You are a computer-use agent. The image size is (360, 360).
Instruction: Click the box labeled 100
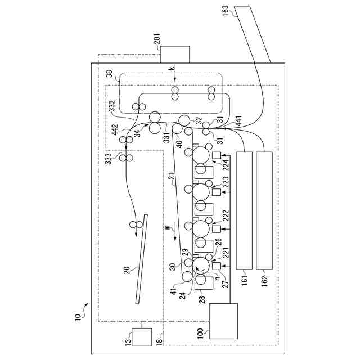pyautogui.click(x=223, y=320)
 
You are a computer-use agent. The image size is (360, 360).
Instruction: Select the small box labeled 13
pyautogui.click(x=141, y=336)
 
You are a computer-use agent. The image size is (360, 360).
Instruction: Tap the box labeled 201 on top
pyautogui.click(x=175, y=55)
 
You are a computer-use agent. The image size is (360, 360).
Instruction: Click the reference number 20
pyautogui.click(x=127, y=269)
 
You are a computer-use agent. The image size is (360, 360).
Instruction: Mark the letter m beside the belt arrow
pyautogui.click(x=167, y=227)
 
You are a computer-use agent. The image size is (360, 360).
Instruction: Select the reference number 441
pyautogui.click(x=238, y=120)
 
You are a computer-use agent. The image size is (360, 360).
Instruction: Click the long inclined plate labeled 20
pyautogui.click(x=141, y=259)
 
